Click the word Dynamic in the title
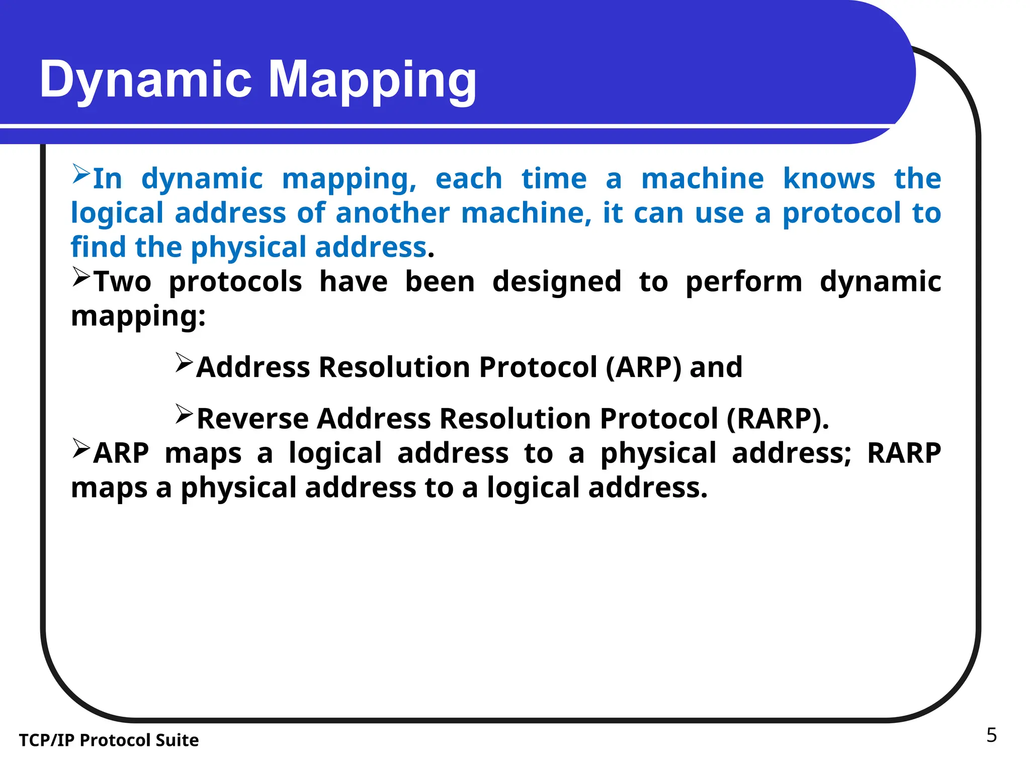coord(145,79)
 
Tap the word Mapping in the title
coord(372,80)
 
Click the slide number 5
coord(991,735)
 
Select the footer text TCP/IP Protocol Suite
coord(109,740)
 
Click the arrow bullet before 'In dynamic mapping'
coord(80,174)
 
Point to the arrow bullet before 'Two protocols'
coord(80,277)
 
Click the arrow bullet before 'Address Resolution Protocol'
coord(184,362)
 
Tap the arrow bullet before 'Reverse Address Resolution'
coord(184,414)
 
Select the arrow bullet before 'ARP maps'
coord(80,448)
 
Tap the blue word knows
coord(828,178)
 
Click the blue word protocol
coord(841,213)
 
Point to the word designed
coord(556,281)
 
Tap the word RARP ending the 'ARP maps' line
coord(904,453)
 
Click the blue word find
coord(98,247)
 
